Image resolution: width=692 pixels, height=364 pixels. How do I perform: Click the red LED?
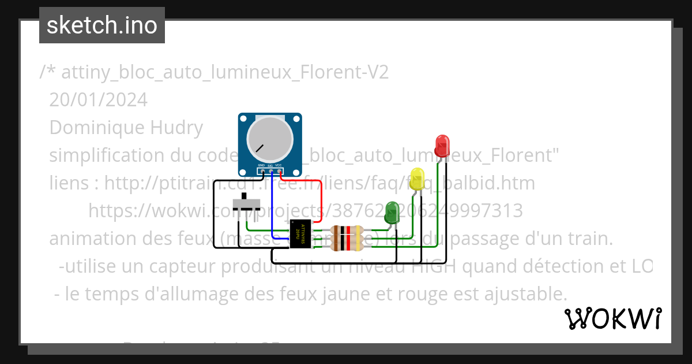pos(442,146)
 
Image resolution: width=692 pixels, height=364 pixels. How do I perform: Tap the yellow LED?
pos(416,178)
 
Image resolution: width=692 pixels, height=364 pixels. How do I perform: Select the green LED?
pos(392,212)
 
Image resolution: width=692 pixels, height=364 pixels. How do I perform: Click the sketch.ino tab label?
pos(102,25)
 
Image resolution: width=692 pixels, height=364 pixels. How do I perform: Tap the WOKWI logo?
pos(612,318)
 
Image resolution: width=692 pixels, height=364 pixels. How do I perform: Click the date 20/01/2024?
pos(99,100)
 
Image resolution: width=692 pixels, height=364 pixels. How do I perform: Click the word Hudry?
pos(176,128)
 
